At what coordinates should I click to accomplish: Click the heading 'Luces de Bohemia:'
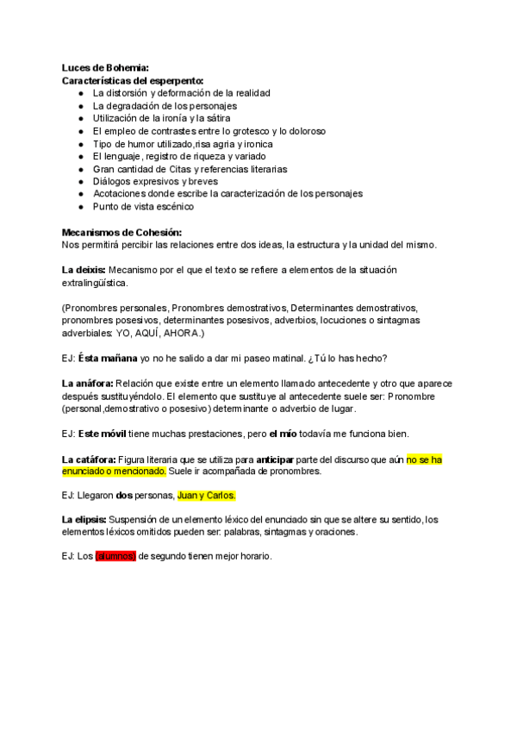click(x=105, y=67)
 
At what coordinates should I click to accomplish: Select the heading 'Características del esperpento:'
click(x=133, y=79)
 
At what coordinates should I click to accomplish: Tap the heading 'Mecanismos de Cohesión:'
click(x=122, y=232)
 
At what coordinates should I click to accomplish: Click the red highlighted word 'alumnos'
click(x=115, y=556)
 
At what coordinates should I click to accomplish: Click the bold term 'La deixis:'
click(x=84, y=270)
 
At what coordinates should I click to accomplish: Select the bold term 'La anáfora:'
click(x=88, y=383)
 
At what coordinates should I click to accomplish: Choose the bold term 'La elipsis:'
click(x=84, y=519)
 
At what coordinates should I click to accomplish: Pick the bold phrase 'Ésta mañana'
click(x=107, y=358)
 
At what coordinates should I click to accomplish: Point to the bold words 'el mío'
click(x=283, y=433)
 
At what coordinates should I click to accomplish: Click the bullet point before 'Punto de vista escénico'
click(x=80, y=207)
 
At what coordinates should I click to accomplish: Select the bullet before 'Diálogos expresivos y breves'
click(x=80, y=182)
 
